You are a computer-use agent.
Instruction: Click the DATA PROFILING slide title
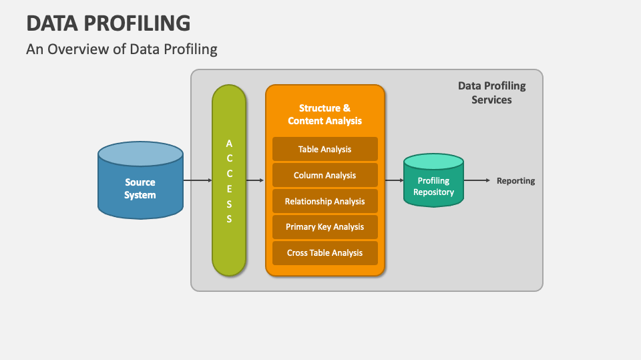(x=108, y=23)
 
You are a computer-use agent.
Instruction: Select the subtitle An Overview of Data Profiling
(x=122, y=49)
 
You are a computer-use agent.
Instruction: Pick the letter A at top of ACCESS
(x=229, y=143)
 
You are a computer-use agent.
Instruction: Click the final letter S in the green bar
(x=229, y=219)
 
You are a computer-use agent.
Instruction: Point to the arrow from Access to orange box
(x=254, y=180)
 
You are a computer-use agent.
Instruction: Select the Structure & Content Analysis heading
(x=325, y=114)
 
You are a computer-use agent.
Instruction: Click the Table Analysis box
(x=325, y=149)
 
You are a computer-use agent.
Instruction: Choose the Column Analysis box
(x=325, y=175)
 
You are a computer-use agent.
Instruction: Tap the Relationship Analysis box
(x=325, y=201)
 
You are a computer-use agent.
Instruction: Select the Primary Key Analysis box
(x=325, y=227)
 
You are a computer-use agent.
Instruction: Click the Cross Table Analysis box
(x=325, y=253)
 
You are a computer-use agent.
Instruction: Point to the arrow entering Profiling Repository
(x=394, y=180)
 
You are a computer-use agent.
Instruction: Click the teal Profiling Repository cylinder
(x=433, y=186)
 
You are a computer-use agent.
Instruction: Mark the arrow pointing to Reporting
(x=477, y=180)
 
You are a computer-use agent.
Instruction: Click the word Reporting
(x=515, y=181)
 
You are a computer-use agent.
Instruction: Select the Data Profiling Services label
(x=491, y=93)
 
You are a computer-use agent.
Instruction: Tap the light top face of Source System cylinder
(x=140, y=154)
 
